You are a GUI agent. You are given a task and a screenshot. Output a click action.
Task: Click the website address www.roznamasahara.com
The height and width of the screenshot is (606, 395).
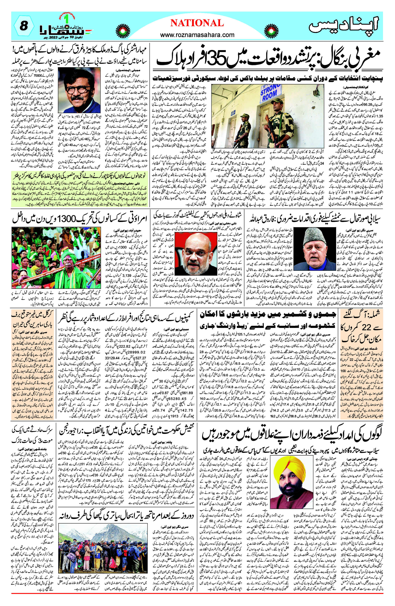pos(197,35)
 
